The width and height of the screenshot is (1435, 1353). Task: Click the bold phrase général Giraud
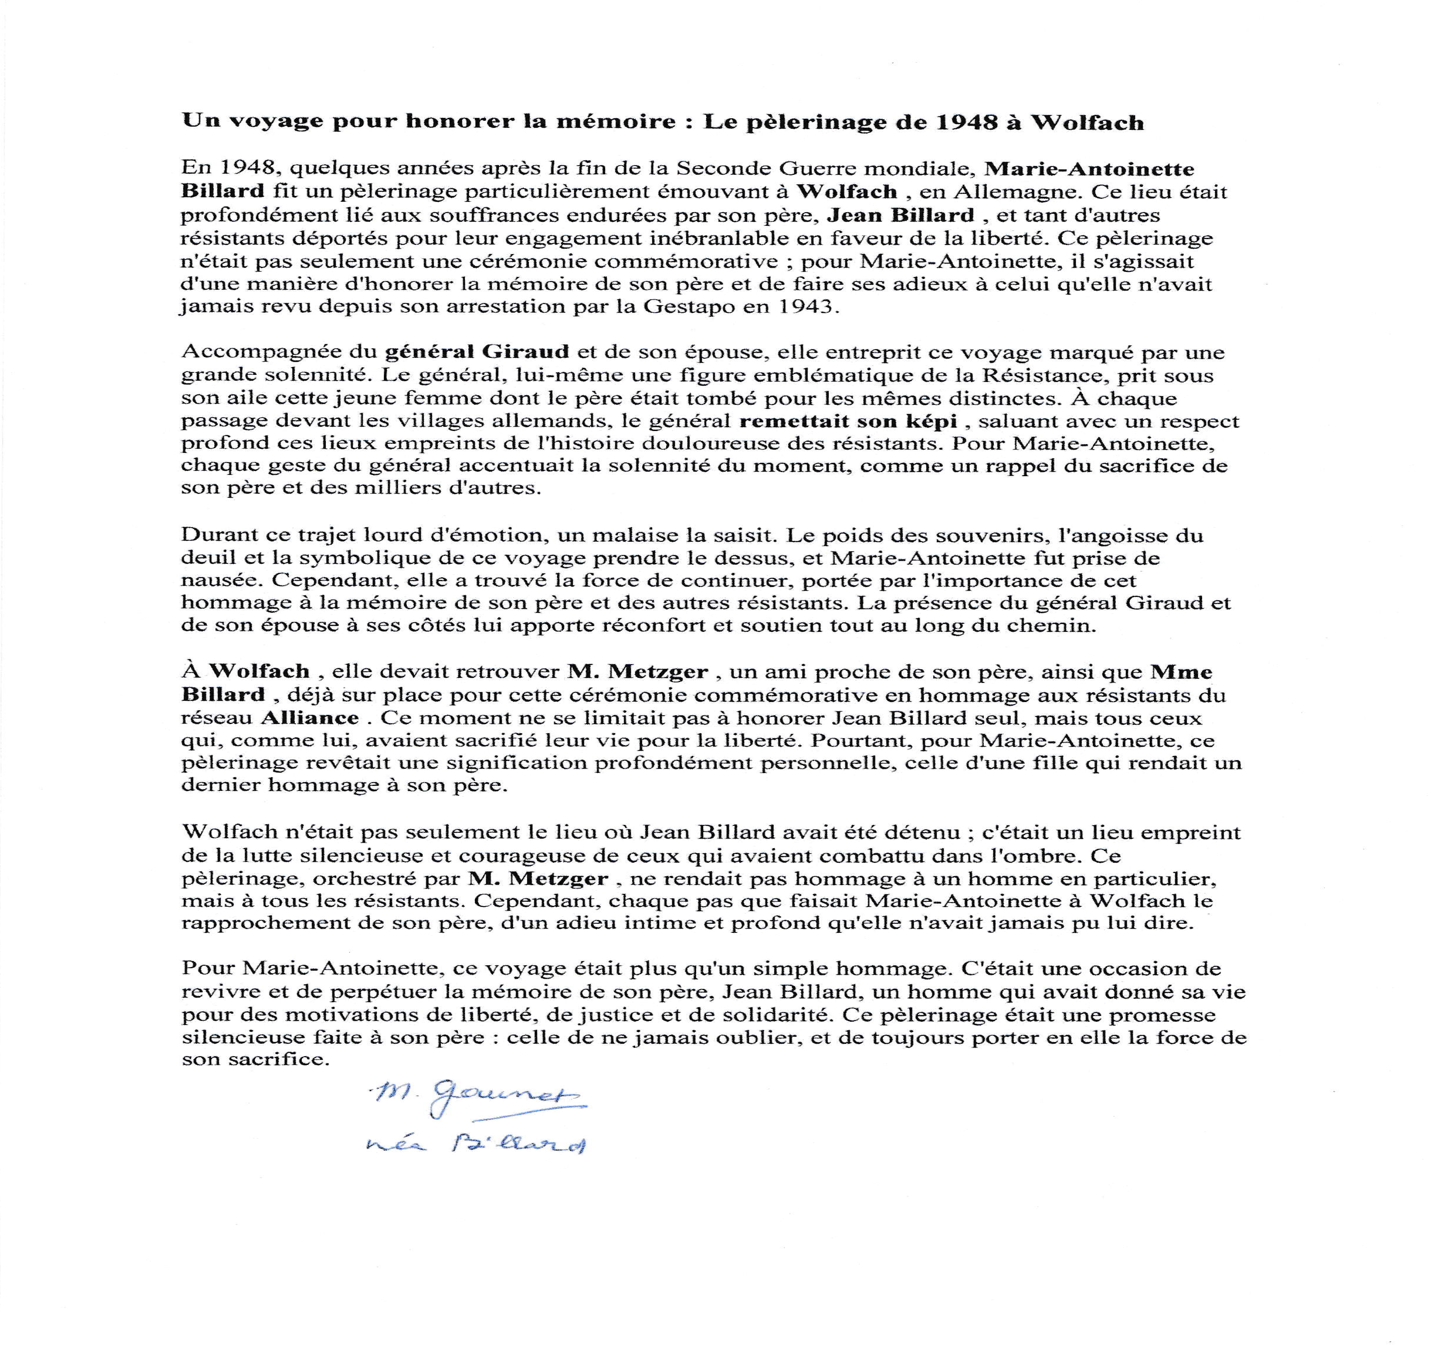coord(477,352)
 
